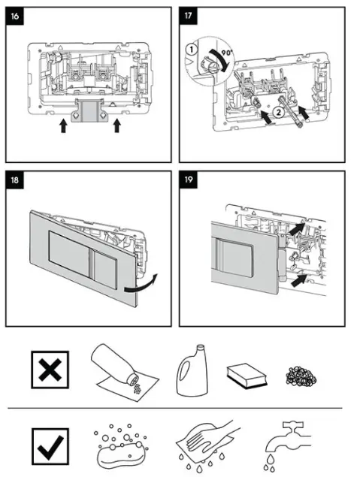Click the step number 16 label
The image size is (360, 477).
pyautogui.click(x=17, y=15)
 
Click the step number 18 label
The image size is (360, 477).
pyautogui.click(x=17, y=180)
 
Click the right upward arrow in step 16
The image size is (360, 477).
pyautogui.click(x=116, y=125)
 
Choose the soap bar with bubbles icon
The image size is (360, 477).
pyautogui.click(x=119, y=447)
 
